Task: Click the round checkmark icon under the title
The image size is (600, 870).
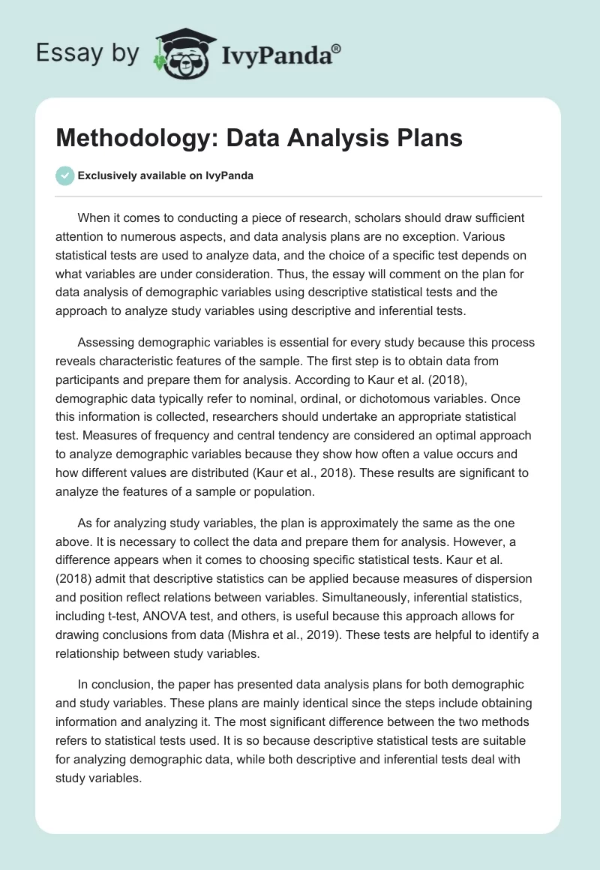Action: tap(64, 175)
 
